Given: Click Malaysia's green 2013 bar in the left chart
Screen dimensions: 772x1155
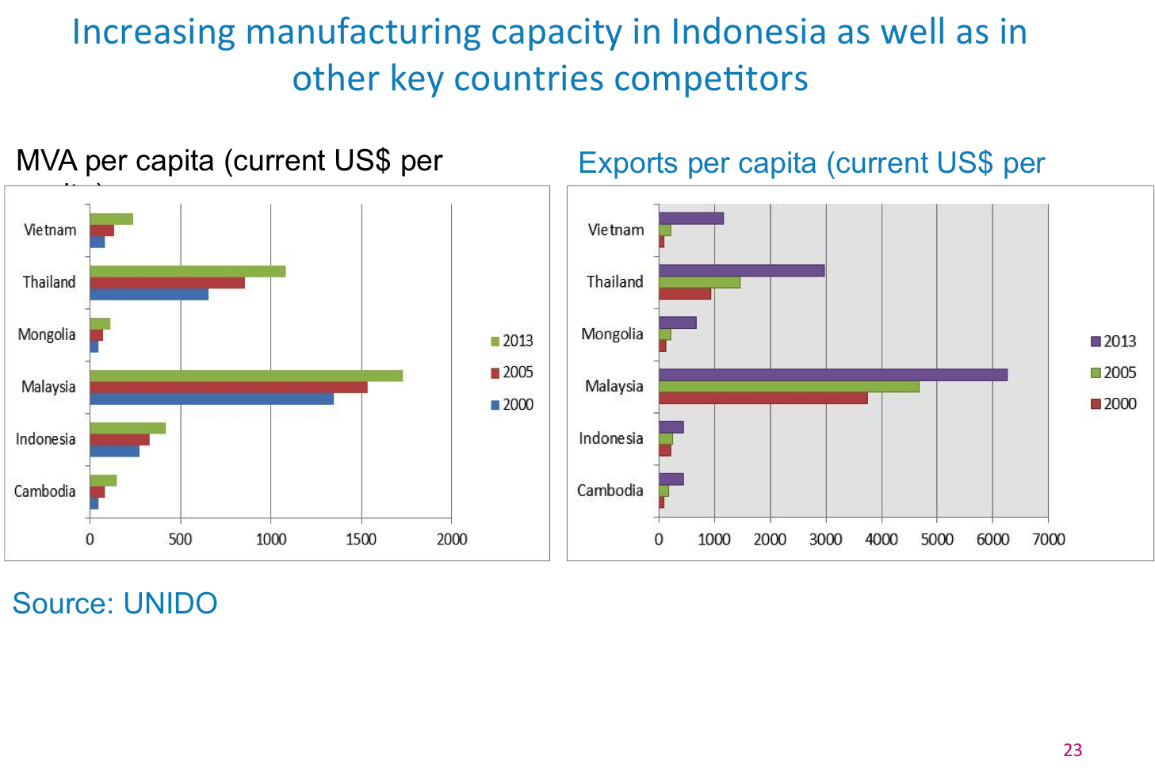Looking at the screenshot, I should pos(246,376).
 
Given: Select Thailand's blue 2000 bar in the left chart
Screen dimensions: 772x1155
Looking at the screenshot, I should pos(149,294).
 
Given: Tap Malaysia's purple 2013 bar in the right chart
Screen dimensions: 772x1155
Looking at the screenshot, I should pos(832,375).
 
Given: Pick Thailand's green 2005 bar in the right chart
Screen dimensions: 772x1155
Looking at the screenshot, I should pos(699,282).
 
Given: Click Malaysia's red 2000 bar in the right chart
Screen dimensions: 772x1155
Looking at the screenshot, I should pos(763,398).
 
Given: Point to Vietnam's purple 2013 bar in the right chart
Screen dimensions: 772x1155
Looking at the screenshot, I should pos(690,219).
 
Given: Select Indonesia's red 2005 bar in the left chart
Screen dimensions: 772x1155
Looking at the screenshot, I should pos(120,439).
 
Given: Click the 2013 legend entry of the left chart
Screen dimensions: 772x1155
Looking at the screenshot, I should pos(512,341).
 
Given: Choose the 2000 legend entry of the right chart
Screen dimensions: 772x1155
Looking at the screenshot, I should pos(1114,403).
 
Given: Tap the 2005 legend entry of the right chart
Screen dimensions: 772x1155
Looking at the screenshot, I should pos(1114,373).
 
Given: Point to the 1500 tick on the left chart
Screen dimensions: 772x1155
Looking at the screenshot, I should pos(361,539).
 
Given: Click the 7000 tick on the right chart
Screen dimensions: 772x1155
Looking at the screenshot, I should pos(1048,540).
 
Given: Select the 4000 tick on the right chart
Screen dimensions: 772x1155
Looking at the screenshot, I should pos(881,540).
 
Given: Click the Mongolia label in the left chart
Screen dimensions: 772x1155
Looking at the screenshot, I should pos(47,334).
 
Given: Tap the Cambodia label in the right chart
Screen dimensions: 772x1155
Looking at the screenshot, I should pos(610,491).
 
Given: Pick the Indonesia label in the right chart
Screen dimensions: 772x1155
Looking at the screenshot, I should pos(610,438).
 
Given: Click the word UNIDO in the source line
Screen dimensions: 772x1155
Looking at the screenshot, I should pos(170,604).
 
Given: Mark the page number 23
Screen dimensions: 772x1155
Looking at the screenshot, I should pos(1073,750).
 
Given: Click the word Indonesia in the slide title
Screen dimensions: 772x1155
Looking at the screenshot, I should pos(748,33).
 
